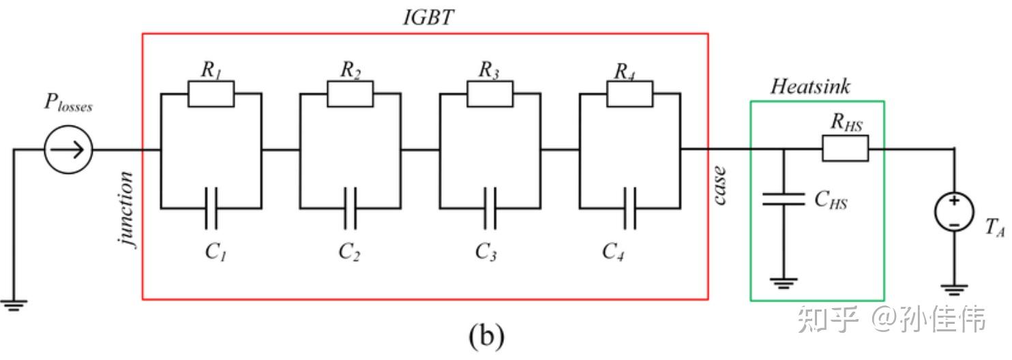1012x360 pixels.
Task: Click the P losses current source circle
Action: coord(69,149)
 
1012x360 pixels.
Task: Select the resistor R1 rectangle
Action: coord(211,94)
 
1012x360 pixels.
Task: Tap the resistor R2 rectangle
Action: coord(350,94)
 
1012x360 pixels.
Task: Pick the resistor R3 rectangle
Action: coord(490,94)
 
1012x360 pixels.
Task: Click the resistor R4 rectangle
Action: coord(630,94)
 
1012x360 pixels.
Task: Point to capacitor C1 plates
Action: coord(211,208)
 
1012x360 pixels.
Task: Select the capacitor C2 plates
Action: coord(350,208)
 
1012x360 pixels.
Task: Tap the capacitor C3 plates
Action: coord(490,208)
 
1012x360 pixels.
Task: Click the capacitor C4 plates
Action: coord(630,208)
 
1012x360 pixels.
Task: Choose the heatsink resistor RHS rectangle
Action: coord(846,149)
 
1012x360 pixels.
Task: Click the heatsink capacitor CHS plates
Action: coord(784,199)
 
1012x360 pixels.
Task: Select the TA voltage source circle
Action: coord(954,212)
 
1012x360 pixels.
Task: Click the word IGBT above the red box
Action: coord(428,18)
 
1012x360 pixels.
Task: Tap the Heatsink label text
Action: coord(810,87)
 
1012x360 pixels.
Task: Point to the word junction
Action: coord(126,209)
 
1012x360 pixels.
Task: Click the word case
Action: coord(719,185)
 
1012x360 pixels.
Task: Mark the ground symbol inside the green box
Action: coord(784,284)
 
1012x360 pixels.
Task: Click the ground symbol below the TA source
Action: coord(954,290)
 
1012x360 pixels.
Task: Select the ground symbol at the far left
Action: coord(14,306)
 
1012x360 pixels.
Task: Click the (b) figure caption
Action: coord(487,337)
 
